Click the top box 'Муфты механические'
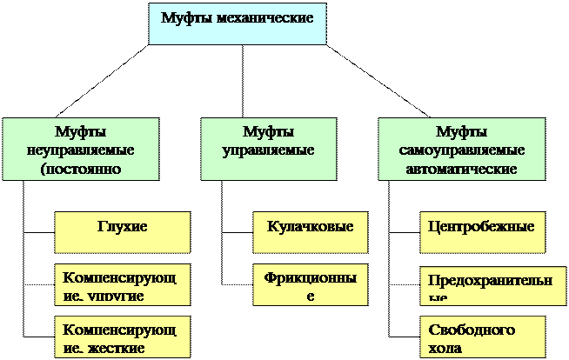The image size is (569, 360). tap(237, 23)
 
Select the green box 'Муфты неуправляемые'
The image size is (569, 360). tap(81, 149)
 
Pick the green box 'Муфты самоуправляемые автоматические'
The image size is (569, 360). tap(461, 149)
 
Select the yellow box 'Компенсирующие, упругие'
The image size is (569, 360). tap(122, 284)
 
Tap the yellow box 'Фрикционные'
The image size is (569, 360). tap(310, 284)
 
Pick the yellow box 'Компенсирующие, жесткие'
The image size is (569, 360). tap(122, 337)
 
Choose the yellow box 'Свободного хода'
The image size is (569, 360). tap(482, 337)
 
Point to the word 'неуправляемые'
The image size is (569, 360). tap(81, 150)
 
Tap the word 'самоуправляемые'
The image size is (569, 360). tap(461, 150)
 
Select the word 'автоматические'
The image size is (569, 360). tap(461, 168)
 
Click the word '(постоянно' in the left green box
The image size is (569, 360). tap(81, 168)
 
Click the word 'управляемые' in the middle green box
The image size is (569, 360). tap(268, 150)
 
